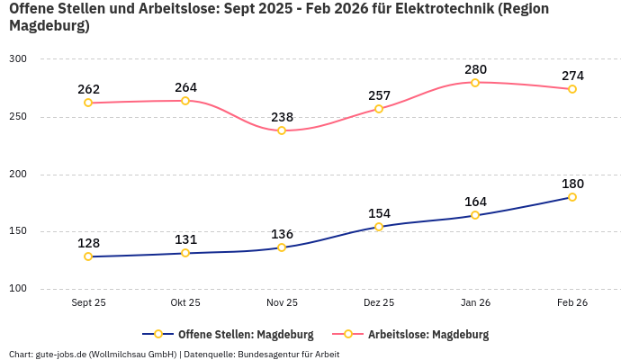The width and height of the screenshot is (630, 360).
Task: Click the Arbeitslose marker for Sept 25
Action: click(88, 103)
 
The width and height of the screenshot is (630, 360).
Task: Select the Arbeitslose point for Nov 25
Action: click(282, 130)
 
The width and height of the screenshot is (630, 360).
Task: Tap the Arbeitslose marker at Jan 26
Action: click(475, 82)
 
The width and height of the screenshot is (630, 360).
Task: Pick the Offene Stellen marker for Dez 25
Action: click(379, 227)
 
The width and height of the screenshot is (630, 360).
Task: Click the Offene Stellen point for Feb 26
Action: click(572, 197)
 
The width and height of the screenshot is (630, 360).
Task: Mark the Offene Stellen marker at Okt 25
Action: click(185, 253)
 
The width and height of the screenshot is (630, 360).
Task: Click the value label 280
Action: click(475, 69)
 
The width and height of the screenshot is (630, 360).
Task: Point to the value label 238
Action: click(282, 117)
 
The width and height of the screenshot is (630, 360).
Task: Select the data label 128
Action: click(88, 243)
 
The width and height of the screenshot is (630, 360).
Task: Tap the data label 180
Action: click(572, 184)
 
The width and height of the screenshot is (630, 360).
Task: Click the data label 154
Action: click(379, 213)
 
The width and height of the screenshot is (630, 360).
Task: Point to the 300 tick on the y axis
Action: click(19, 59)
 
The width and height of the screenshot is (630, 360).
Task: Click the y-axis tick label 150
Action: click(19, 231)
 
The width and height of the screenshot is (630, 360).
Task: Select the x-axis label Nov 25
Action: click(282, 303)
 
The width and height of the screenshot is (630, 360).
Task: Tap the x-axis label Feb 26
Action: click(572, 303)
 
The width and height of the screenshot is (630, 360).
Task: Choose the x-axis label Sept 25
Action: click(88, 303)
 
